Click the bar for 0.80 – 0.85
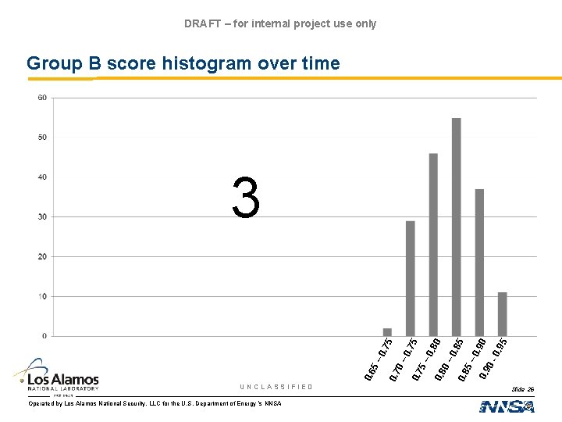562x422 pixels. (457, 227)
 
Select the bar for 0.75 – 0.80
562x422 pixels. (433, 245)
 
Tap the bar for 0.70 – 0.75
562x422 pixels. (410, 278)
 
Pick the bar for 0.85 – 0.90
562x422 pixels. (479, 263)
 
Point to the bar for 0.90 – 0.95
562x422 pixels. (502, 314)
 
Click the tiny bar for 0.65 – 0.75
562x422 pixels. (387, 332)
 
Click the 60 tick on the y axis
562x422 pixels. (42, 98)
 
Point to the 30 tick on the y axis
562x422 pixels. (42, 216)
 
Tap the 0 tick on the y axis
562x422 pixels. (44, 336)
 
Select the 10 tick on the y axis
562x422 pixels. (42, 296)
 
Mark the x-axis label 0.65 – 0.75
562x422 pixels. (379, 359)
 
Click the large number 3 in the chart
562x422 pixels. (246, 198)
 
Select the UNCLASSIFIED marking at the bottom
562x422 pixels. (276, 387)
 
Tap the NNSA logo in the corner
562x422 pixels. (507, 406)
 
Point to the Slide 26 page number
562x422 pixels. (522, 388)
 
